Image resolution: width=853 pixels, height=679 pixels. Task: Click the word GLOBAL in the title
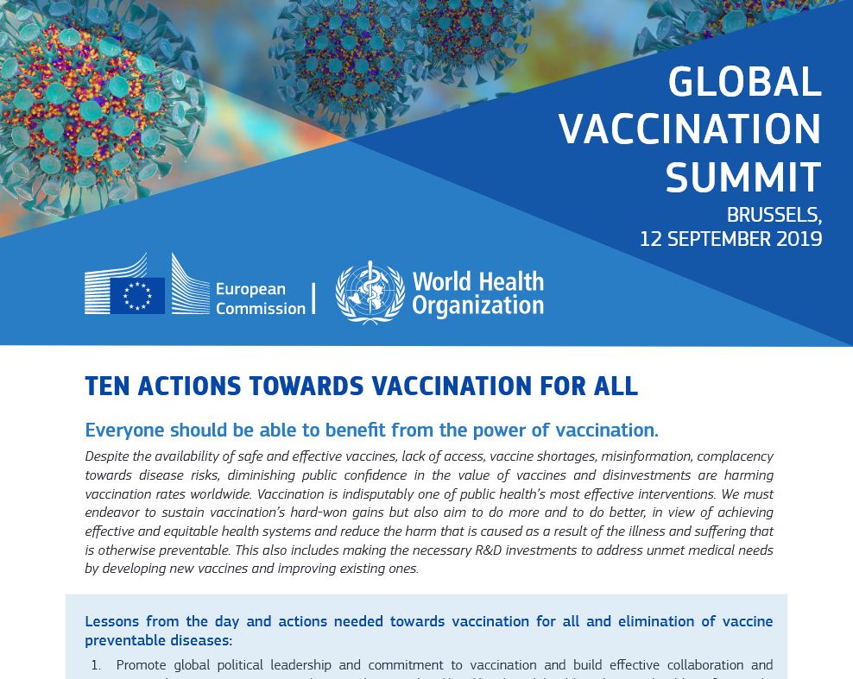pos(744,82)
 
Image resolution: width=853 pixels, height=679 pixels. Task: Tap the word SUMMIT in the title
pos(743,177)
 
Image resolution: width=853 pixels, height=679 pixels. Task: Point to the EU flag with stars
pos(137,296)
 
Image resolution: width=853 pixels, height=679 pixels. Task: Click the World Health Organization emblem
pos(370,293)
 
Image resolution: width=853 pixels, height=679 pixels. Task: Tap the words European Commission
pos(261,299)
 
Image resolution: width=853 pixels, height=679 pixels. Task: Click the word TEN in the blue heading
pos(107,386)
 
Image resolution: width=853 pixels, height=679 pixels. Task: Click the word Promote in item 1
pos(142,665)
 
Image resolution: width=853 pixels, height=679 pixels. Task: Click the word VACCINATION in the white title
pos(690,129)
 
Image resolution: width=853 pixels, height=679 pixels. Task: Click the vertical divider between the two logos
pos(314,299)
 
